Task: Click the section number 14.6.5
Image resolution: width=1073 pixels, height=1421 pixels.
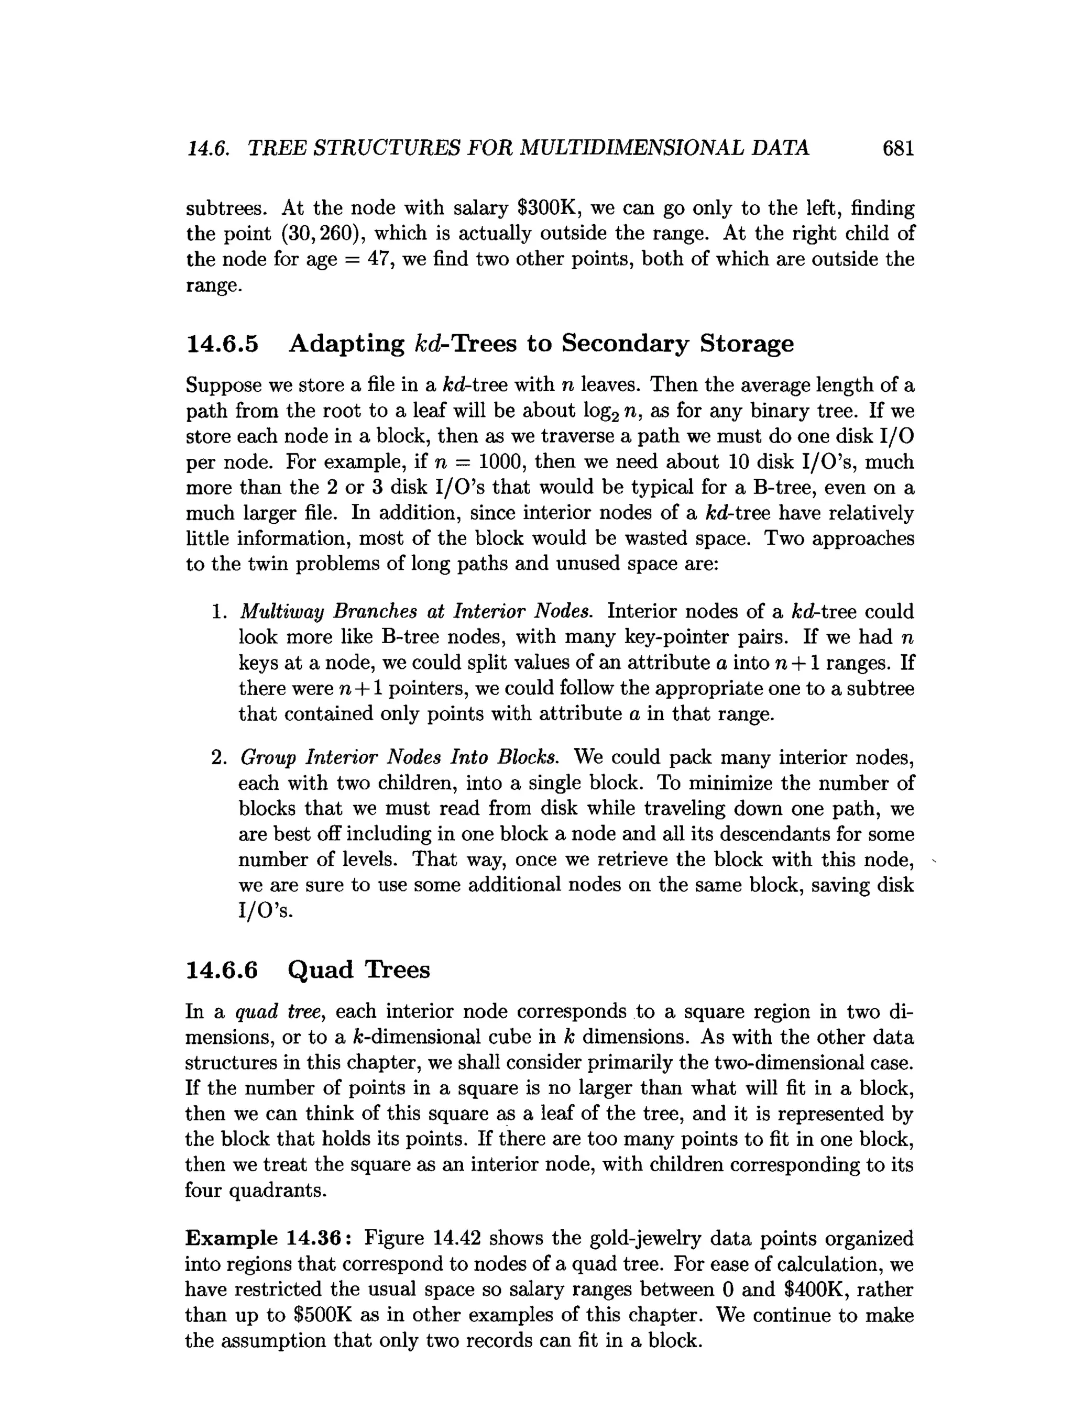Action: pyautogui.click(x=222, y=344)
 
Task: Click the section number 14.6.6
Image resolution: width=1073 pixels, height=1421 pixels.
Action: pyautogui.click(x=222, y=970)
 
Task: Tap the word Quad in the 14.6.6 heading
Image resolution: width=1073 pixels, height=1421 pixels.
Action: pyautogui.click(x=321, y=970)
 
